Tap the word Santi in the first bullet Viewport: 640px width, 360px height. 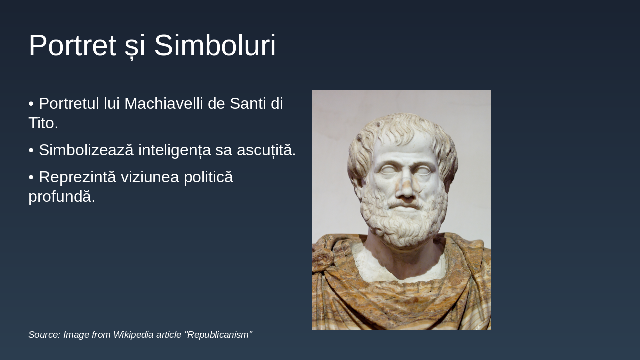click(x=248, y=104)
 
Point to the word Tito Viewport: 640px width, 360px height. click(x=43, y=123)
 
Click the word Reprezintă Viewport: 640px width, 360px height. click(x=77, y=177)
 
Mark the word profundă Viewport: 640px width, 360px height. click(x=62, y=196)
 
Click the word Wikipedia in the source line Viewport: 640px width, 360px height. click(x=134, y=335)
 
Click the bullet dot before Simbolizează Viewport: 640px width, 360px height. click(x=31, y=150)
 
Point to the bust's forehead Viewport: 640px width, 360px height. click(x=405, y=147)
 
